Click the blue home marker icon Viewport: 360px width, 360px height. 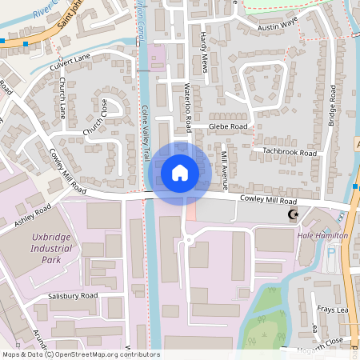tap(180, 172)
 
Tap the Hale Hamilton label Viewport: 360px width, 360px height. tap(322, 236)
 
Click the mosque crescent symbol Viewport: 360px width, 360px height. tap(294, 214)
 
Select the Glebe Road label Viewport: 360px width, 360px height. tap(227, 126)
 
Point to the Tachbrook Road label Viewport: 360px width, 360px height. tap(284, 152)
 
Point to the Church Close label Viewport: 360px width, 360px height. tap(95, 117)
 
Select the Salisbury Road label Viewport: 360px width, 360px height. tap(72, 295)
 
